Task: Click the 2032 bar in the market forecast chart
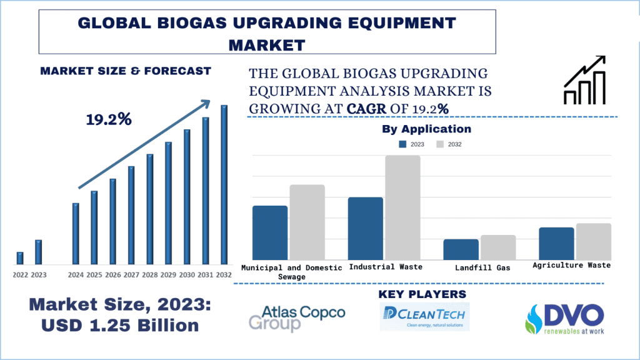coord(224,184)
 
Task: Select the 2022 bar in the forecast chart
coord(20,258)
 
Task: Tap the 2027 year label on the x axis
coord(131,274)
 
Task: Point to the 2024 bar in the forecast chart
coord(76,234)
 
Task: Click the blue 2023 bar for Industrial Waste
coord(366,228)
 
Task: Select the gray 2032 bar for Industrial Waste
coord(402,207)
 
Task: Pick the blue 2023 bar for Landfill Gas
coord(461,249)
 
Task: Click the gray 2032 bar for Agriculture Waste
coord(593,241)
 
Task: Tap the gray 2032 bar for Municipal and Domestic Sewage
coord(307,222)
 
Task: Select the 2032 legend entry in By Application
coord(448,144)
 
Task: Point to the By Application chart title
coord(426,129)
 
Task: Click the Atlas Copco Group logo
coord(296,317)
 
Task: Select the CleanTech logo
coord(424,316)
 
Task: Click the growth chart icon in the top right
coord(584,80)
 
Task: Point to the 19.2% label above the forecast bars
coord(109,119)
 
